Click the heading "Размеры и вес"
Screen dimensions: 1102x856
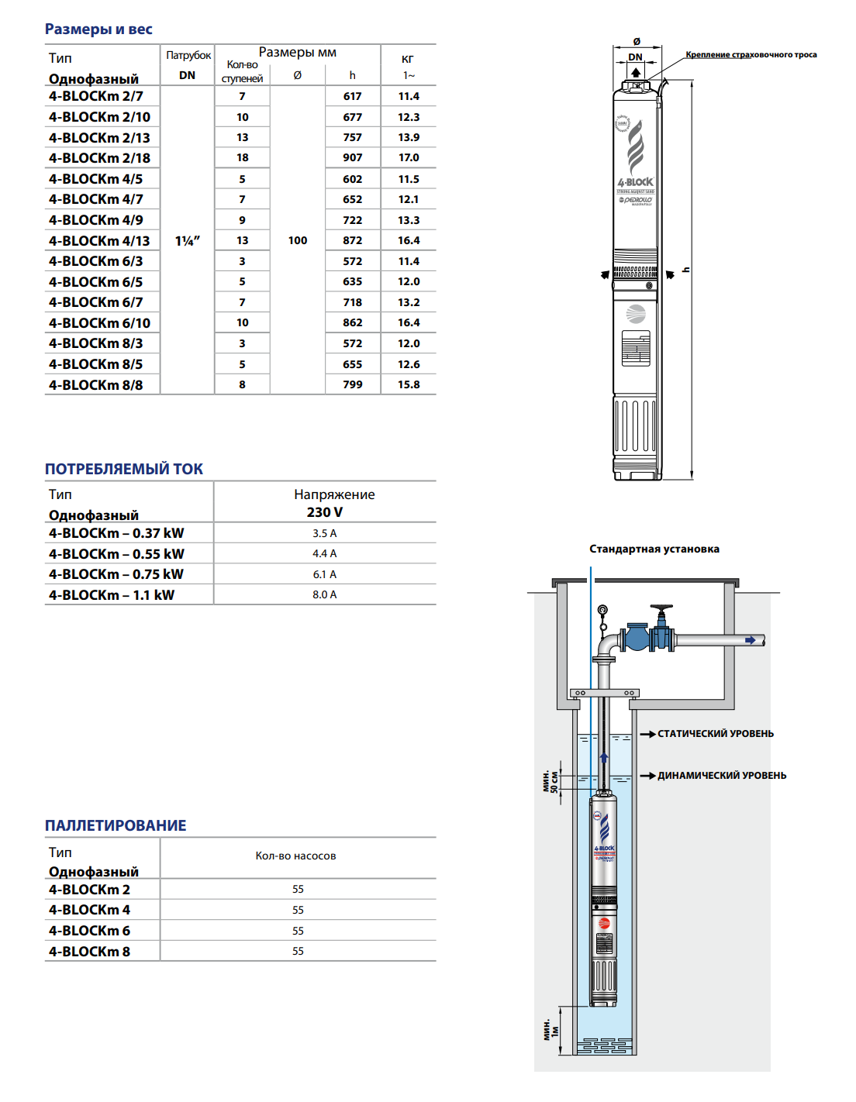(98, 29)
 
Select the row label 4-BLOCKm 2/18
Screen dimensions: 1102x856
(99, 158)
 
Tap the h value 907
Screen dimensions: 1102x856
(353, 158)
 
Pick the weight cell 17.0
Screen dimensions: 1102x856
(409, 158)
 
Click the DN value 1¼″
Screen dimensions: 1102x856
(187, 241)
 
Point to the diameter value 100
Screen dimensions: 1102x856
(298, 241)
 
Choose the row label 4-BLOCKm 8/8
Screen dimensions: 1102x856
(96, 385)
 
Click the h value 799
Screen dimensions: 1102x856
(353, 385)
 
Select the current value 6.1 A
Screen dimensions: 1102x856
(324, 574)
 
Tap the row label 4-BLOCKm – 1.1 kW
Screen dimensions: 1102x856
(112, 595)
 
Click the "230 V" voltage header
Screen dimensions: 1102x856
(324, 512)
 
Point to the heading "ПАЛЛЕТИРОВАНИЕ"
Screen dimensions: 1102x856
(116, 825)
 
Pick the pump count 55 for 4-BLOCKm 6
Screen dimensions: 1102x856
(298, 931)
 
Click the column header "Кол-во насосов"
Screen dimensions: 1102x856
(295, 856)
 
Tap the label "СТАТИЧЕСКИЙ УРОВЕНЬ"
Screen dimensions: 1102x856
(715, 734)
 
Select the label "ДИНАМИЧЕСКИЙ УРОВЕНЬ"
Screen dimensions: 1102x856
(721, 776)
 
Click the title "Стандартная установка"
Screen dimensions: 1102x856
(654, 549)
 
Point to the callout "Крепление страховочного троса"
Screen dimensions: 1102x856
(751, 55)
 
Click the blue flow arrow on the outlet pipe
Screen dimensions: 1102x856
(751, 640)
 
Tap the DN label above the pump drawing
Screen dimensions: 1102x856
(635, 57)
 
